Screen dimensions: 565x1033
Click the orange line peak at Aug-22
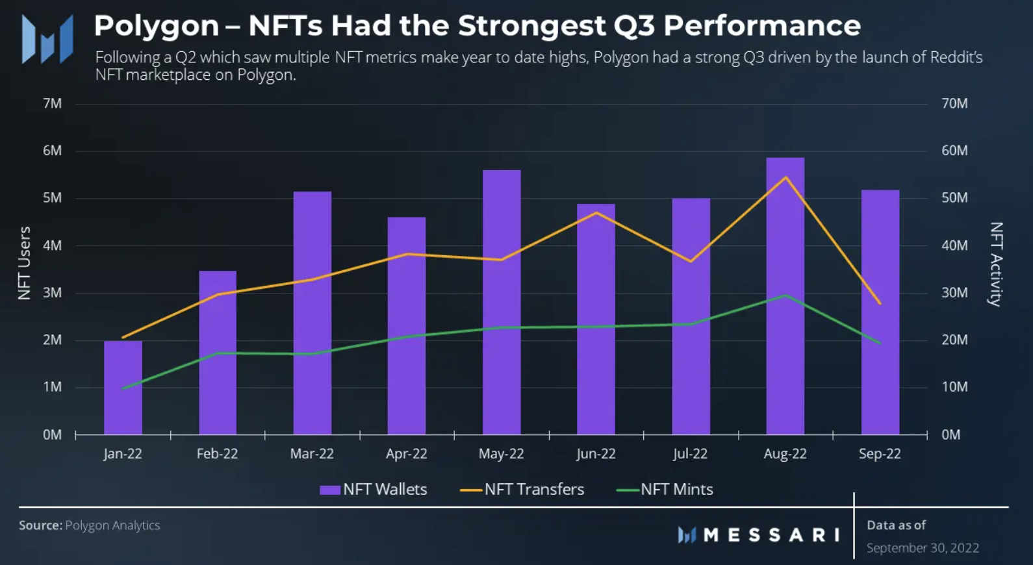click(785, 177)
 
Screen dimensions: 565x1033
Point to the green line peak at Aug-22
click(785, 295)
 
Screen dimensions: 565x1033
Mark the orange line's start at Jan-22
click(123, 338)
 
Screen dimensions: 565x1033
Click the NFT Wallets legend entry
click(374, 490)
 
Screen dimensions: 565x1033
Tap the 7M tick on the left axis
click(52, 104)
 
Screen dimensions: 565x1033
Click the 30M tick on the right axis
click(954, 293)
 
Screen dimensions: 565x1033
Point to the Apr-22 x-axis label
click(407, 454)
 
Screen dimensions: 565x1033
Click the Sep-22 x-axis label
click(880, 454)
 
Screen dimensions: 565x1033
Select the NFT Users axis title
click(24, 263)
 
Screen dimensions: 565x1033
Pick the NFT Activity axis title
click(996, 264)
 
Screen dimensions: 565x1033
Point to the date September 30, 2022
click(923, 548)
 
